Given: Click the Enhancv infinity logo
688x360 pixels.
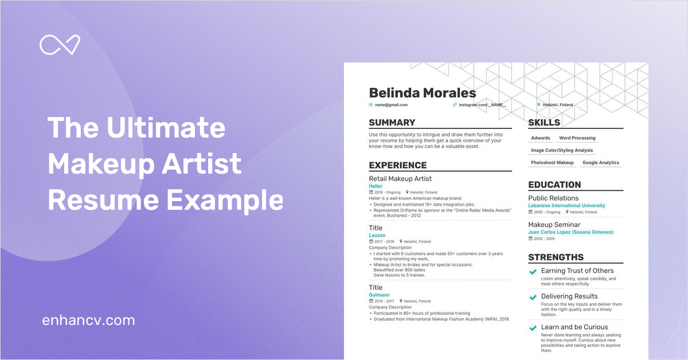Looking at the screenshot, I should tap(60, 45).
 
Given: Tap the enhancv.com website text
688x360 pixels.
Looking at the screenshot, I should tap(88, 320).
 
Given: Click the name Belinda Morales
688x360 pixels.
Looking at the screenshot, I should tap(423, 93).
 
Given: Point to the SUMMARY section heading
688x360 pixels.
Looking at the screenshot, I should tap(392, 123).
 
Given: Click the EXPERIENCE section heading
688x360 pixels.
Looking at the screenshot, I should tap(398, 165).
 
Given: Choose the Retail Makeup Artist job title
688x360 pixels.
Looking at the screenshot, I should tap(400, 179).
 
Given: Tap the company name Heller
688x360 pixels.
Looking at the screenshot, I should tap(376, 186).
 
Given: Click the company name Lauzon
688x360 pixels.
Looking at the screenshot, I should tap(377, 236).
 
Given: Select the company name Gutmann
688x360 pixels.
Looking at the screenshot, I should tap(379, 295).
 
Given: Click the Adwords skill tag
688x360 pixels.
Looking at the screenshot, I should tap(541, 138).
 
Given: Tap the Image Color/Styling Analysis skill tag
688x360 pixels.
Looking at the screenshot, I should tap(562, 150).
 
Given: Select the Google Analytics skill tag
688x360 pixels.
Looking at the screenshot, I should tap(601, 163).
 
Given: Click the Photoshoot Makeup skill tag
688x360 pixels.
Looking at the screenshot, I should tap(552, 163).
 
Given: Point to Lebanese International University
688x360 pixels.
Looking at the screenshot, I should tap(566, 206).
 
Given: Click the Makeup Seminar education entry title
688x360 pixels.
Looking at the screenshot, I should tap(554, 225).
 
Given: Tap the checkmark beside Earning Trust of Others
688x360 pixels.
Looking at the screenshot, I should tap(533, 272).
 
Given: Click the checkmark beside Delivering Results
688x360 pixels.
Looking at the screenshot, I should tap(533, 298).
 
